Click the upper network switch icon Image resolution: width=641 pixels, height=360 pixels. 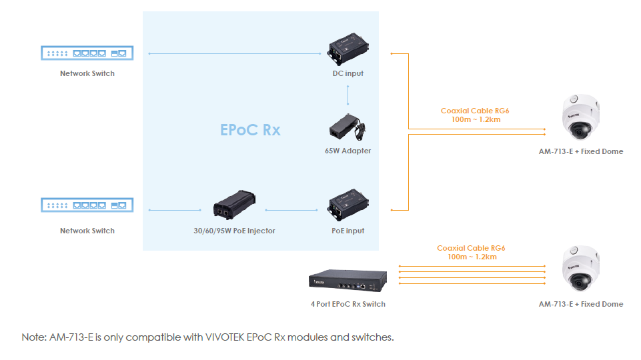[87, 53]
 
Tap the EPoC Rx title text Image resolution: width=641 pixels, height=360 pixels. [250, 129]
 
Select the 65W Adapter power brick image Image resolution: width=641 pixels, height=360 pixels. [348, 126]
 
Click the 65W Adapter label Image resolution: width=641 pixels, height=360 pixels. [348, 151]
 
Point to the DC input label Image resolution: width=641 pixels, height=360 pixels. [348, 73]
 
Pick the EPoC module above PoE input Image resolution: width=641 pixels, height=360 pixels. [348, 204]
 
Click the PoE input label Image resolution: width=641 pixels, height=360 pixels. [348, 231]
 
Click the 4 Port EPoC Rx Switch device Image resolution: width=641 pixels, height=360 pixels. [347, 281]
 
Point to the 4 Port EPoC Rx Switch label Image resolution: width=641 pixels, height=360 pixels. [348, 304]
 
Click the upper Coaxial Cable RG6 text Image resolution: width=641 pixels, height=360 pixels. [470, 111]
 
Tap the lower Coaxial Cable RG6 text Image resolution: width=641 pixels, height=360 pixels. [471, 248]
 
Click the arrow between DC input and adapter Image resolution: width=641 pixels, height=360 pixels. [348, 95]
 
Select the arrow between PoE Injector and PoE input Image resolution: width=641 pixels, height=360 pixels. [291, 211]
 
